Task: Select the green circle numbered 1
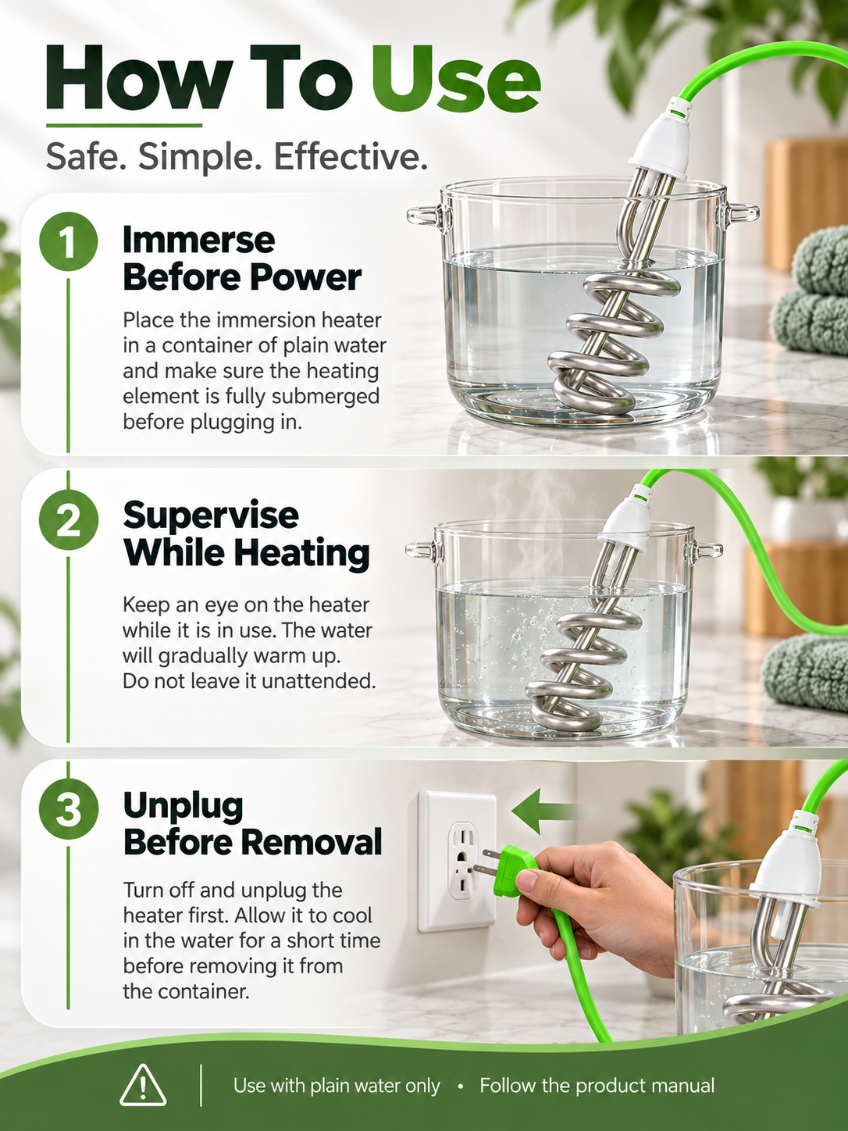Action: [69, 241]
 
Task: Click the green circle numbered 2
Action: [69, 520]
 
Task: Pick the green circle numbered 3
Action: [69, 809]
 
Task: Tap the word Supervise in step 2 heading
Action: [211, 516]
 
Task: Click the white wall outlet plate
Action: [458, 862]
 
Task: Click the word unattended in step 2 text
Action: [318, 681]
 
